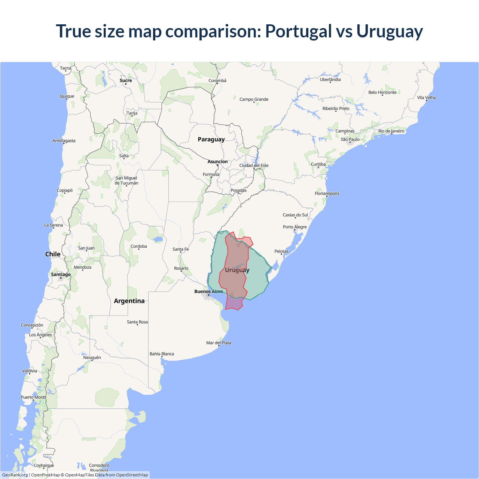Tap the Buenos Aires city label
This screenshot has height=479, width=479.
point(208,292)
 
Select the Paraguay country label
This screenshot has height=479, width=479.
point(211,139)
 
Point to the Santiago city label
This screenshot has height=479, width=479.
point(61,274)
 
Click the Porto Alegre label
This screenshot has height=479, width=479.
point(295,227)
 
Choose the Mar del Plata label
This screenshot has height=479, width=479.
point(219,343)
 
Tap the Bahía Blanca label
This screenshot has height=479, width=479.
point(162,354)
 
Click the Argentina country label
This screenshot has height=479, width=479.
point(129,301)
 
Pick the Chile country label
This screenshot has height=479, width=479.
point(53,254)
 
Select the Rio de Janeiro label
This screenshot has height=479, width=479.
point(391,131)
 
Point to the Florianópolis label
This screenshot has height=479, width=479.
point(327,193)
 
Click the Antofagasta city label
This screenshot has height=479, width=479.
point(64,141)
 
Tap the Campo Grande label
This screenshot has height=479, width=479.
point(254,99)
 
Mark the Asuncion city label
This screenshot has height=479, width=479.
point(217,162)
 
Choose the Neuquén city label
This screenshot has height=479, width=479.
point(92,357)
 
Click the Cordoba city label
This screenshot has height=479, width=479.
point(138,246)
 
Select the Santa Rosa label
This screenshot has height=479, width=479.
point(137,322)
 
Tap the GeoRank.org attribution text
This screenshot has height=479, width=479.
point(15,475)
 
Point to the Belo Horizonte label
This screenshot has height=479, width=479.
point(382,92)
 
